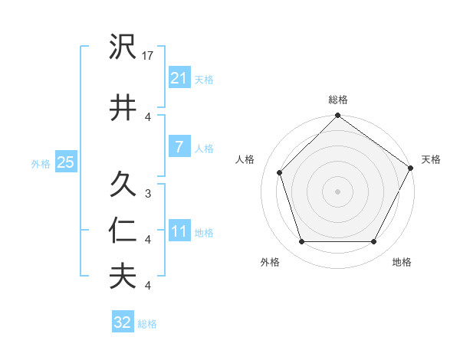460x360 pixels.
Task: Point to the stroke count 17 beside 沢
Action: point(149,56)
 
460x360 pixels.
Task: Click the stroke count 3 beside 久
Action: point(148,194)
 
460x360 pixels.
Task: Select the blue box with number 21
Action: point(179,78)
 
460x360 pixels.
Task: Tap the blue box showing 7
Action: point(179,147)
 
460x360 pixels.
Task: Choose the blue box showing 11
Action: point(179,231)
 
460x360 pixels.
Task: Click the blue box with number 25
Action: point(65,162)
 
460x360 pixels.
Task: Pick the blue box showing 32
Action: point(123,322)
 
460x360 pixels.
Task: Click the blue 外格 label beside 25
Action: point(41,163)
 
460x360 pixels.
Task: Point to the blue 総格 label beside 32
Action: point(147,324)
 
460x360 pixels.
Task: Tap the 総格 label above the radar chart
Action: point(338,100)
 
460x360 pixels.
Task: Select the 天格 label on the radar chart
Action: point(431,159)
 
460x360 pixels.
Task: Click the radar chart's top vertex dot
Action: point(338,116)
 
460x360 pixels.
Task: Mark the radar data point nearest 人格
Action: point(280,172)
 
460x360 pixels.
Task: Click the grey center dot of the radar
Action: point(338,191)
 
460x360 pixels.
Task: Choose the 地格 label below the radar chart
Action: point(401,262)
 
